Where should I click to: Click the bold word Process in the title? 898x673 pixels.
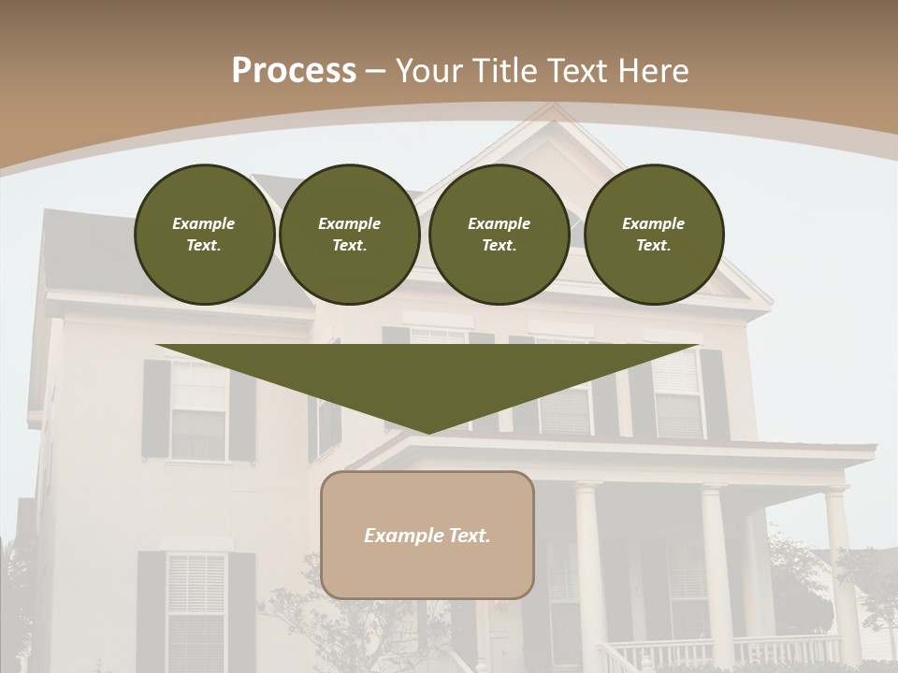(294, 71)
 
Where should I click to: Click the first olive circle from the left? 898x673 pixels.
(204, 235)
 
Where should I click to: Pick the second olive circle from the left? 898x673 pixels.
(350, 235)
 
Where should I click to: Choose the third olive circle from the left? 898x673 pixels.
(499, 235)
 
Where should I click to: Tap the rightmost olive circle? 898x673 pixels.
(654, 235)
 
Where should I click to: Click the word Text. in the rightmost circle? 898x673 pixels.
(654, 246)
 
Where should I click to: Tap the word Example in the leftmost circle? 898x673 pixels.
(204, 223)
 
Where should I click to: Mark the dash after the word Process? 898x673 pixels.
(376, 71)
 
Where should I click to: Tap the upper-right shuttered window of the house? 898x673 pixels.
(677, 393)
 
